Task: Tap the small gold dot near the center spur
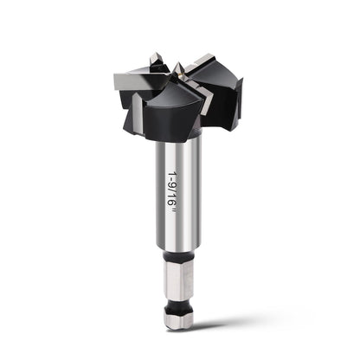(181, 74)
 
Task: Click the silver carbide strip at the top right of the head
(199, 61)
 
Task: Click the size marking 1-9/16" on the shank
(172, 193)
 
